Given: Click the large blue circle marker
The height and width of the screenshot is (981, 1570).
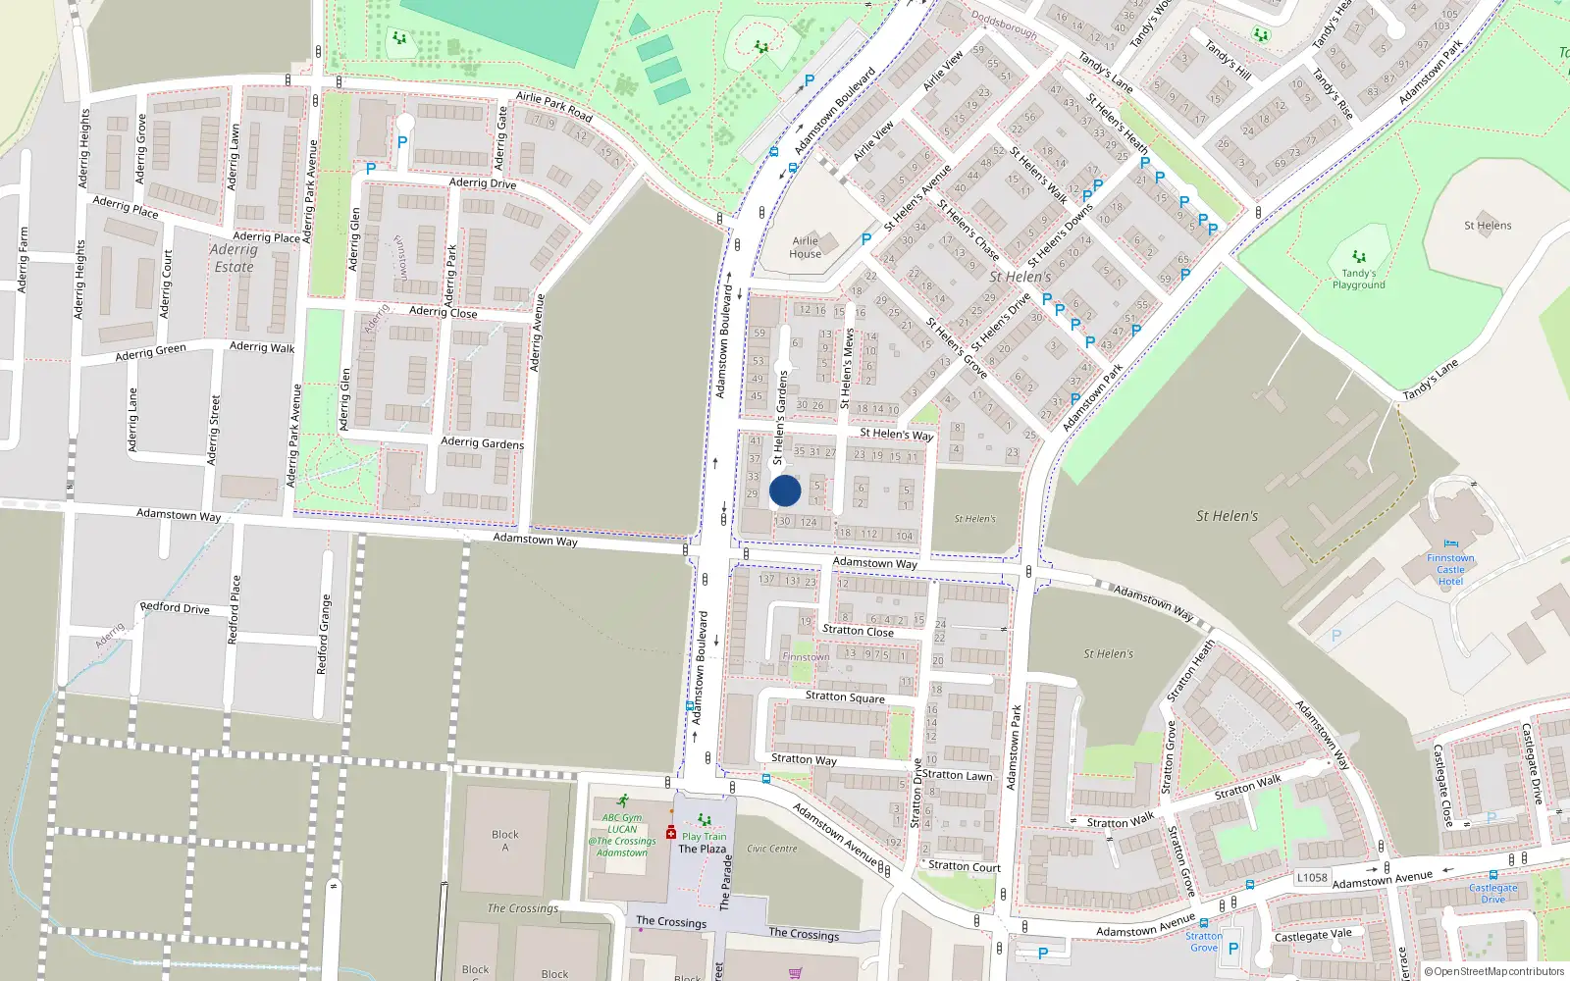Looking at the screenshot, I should [785, 490].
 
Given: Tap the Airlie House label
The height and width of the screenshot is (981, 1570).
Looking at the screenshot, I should [806, 247].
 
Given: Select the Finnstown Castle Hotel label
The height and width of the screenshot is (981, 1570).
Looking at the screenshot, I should [1450, 570].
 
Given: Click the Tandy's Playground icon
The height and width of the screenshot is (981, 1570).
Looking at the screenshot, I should [1359, 257].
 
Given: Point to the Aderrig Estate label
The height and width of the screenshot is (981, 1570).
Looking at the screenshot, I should [234, 258].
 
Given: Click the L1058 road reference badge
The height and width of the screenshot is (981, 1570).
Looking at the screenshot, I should [1312, 878].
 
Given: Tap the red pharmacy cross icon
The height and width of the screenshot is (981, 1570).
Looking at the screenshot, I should [671, 833].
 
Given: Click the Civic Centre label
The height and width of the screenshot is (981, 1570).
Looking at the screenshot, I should [772, 849].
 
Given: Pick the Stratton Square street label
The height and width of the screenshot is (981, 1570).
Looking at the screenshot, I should [845, 697].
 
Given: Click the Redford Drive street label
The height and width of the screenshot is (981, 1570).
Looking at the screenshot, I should [175, 608].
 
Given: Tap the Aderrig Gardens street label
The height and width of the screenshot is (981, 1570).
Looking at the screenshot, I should [482, 442].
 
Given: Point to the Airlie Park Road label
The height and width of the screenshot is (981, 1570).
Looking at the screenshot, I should [554, 106].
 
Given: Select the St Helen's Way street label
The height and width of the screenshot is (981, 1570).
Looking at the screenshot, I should [896, 434].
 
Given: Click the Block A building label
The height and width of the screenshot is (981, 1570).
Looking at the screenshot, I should [505, 841].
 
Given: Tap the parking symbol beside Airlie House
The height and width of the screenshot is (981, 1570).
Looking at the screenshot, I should [865, 239].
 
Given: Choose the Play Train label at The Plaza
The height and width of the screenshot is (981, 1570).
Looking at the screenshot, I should [705, 837].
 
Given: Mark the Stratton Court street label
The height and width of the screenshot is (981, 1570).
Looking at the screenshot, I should [965, 866].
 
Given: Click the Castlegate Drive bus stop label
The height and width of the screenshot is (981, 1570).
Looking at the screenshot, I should [1492, 893].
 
